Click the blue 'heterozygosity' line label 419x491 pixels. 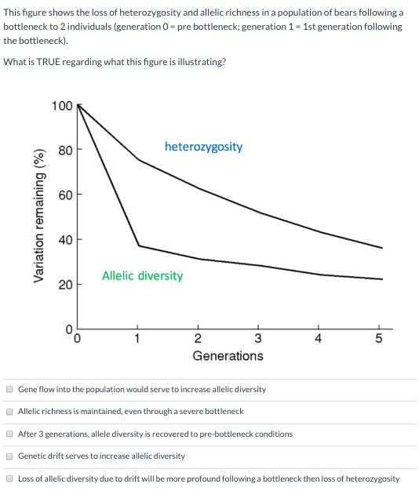point(203,147)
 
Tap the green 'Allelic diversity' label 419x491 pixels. point(142,276)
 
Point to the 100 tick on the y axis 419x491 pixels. point(62,106)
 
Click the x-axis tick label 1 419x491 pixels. point(137,340)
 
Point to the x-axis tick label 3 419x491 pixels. point(258,340)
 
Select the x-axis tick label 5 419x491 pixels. point(379,340)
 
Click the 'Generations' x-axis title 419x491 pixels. point(228,356)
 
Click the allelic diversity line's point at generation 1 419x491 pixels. point(138,246)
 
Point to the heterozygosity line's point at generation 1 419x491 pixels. point(138,160)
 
